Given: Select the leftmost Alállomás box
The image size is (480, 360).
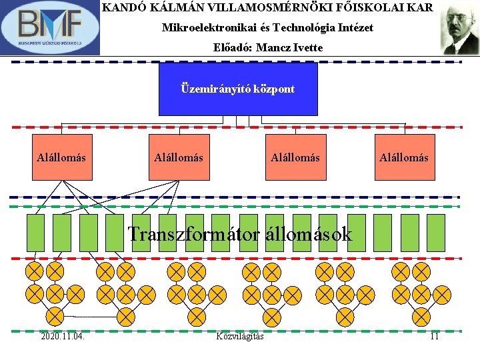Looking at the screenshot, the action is [61, 157].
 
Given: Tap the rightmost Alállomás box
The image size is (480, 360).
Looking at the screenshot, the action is [404, 157].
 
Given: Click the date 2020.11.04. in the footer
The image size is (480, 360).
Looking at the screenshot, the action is [62, 336].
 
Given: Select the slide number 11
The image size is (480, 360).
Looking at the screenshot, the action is [434, 336].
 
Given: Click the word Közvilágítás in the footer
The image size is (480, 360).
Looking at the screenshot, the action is [240, 336].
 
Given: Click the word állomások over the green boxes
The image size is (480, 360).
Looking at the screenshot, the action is [309, 234].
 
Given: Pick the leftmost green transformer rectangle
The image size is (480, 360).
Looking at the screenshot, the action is [35, 232].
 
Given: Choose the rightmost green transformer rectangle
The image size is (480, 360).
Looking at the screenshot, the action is [435, 232].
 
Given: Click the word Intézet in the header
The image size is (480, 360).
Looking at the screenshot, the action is [355, 28].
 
